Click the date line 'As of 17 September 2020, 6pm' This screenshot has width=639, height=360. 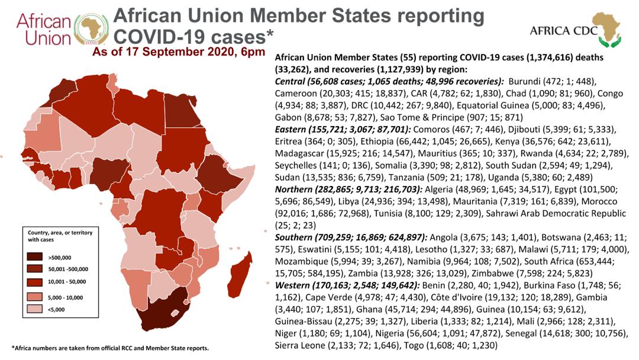click(179, 52)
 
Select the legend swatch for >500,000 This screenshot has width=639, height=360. click(35, 257)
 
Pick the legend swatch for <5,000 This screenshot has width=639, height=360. click(35, 309)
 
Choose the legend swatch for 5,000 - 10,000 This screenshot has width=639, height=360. click(35, 297)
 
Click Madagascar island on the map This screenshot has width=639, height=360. click(240, 276)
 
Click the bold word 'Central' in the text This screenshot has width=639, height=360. click(290, 81)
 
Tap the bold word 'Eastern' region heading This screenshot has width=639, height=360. click(290, 130)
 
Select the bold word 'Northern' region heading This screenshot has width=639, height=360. click(293, 189)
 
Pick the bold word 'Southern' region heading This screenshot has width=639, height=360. click(293, 237)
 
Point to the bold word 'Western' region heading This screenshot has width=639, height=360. click(292, 285)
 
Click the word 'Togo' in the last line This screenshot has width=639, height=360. click(413, 346)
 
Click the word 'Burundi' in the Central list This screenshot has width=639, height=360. click(524, 81)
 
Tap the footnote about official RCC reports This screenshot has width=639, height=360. click(111, 348)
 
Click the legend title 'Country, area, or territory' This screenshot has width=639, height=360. click(60, 232)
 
